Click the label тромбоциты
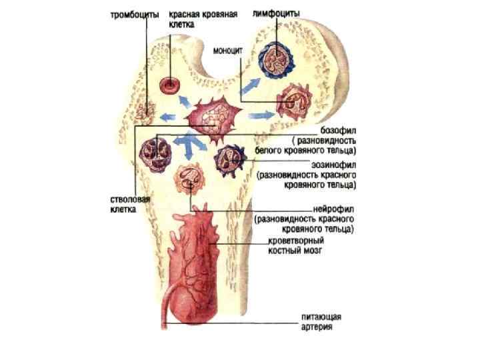(x=134, y=15)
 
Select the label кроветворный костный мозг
(x=296, y=245)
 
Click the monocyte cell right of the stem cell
(x=293, y=102)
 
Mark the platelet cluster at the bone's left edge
(x=142, y=113)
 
